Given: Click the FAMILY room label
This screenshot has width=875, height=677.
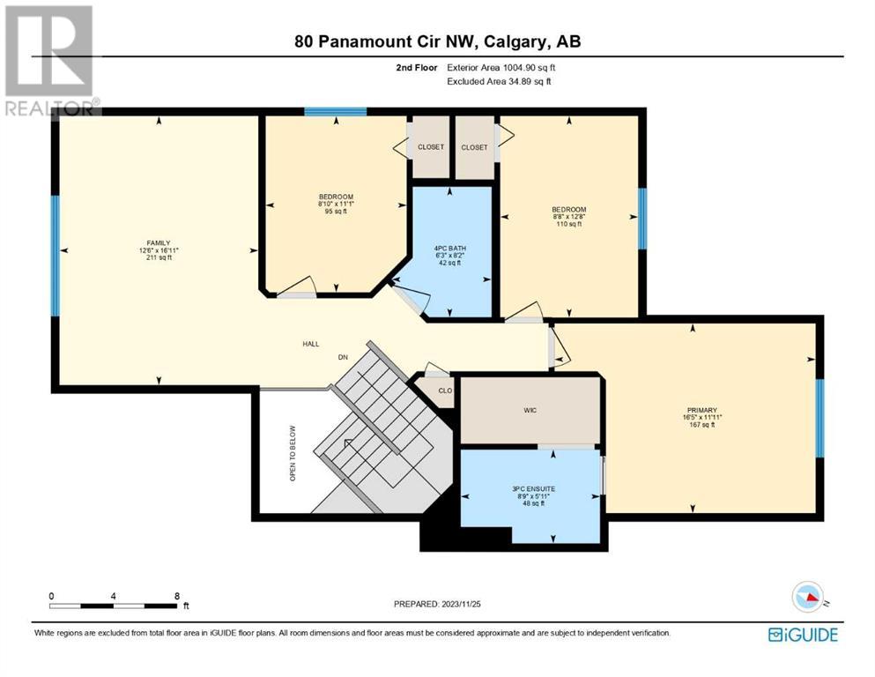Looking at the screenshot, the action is click(x=159, y=242).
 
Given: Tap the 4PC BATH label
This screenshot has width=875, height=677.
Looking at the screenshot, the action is click(x=449, y=249).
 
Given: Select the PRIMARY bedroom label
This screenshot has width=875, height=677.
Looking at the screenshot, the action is click(x=701, y=410).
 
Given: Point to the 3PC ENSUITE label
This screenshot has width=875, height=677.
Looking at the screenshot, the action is click(x=533, y=489).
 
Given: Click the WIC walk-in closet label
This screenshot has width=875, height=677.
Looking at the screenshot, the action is click(x=530, y=410).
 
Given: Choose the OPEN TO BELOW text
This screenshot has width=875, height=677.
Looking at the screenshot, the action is click(x=293, y=453).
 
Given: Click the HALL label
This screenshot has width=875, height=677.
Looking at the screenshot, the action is click(x=311, y=344).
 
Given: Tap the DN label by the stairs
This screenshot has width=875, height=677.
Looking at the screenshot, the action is click(x=343, y=357).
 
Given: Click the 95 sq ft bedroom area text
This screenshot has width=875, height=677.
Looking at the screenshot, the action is click(x=336, y=212).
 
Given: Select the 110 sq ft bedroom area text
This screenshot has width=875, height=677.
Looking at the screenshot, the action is click(x=568, y=224).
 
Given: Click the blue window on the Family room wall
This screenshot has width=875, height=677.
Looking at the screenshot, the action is click(x=56, y=256).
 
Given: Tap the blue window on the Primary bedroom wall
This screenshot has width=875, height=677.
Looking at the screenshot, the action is click(x=819, y=418).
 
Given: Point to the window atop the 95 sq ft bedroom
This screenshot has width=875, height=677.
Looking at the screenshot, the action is click(x=336, y=112).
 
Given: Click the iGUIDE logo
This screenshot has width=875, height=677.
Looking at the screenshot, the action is click(x=803, y=635).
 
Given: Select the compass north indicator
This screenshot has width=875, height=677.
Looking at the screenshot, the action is click(x=808, y=597).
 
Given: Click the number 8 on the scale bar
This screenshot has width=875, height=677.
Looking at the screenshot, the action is click(x=177, y=596).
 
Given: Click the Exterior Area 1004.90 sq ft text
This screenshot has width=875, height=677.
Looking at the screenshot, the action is click(x=501, y=68).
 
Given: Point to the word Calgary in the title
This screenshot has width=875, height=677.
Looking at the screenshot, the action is click(x=515, y=41).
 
